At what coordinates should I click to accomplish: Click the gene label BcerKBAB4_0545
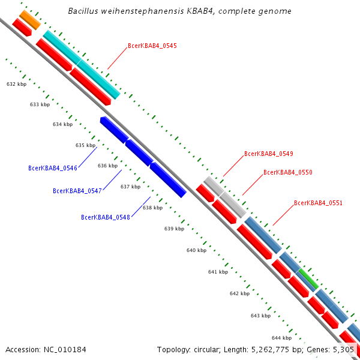tap(152, 46)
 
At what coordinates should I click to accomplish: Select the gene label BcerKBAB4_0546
tap(52, 168)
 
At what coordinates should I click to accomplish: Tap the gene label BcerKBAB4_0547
tap(77, 191)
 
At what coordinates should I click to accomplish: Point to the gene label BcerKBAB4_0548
tap(106, 217)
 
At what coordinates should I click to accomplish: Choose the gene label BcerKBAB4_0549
tap(268, 154)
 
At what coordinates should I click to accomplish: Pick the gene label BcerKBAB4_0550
tap(287, 173)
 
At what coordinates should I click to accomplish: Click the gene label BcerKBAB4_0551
tap(318, 203)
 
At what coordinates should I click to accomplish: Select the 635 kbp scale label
tap(86, 145)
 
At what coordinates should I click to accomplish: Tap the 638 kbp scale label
tap(152, 208)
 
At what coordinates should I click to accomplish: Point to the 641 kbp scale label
tap(218, 272)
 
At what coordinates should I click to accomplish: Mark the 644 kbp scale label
tap(281, 338)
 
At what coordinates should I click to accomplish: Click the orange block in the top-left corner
tap(29, 19)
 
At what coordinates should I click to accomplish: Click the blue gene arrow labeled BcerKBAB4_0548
tap(168, 180)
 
